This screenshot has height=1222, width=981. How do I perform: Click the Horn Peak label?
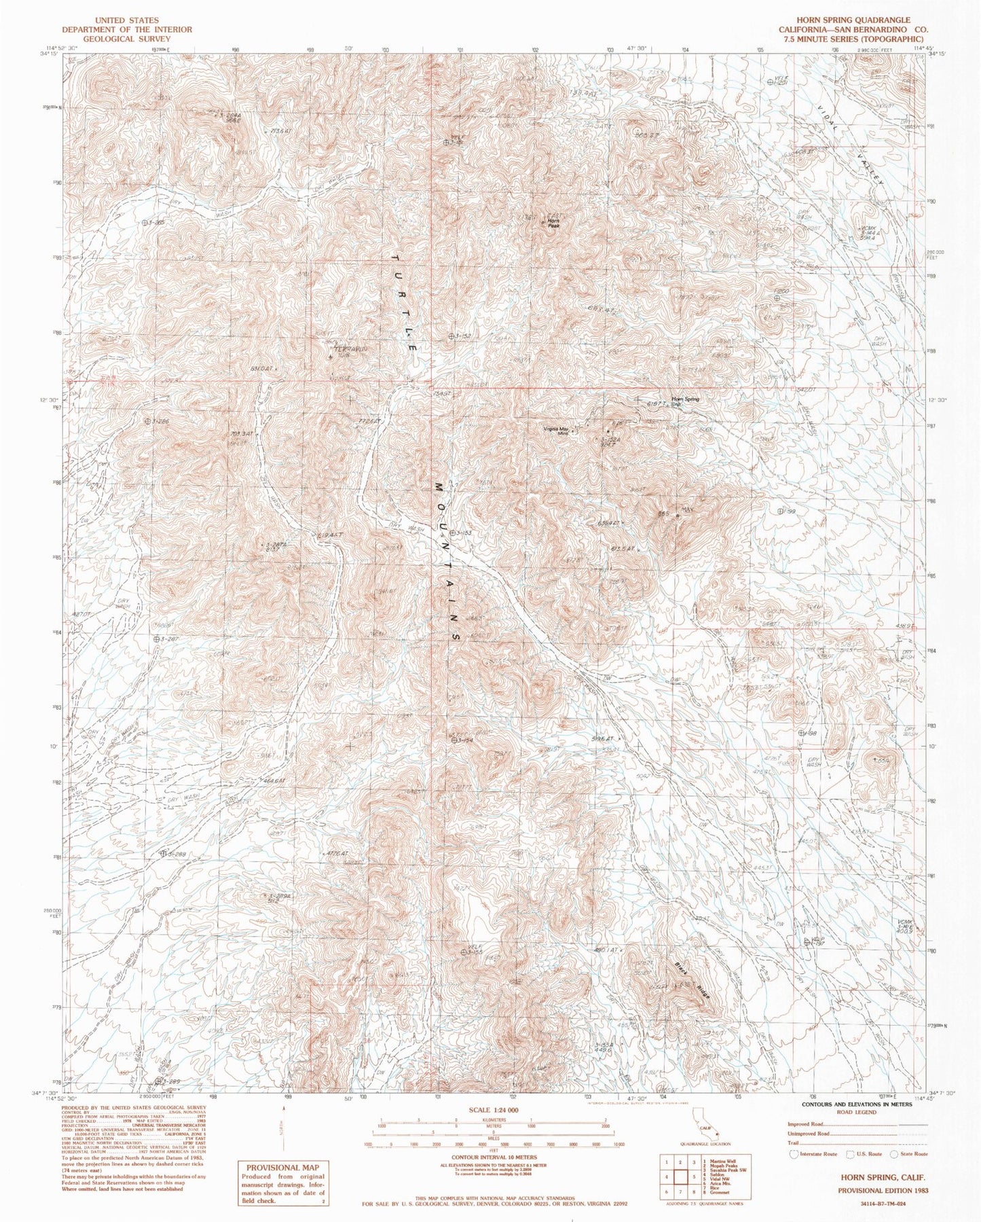[x=554, y=224]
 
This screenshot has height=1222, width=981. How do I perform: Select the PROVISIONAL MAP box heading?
[x=280, y=1166]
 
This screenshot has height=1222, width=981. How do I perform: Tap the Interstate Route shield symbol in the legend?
[x=794, y=1153]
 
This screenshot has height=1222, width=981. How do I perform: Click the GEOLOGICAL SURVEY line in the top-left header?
[x=127, y=39]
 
